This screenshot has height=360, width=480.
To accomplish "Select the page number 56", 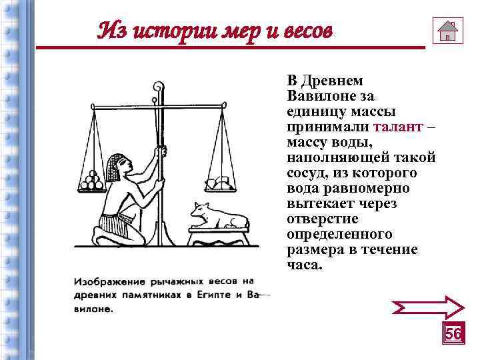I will (453, 333).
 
